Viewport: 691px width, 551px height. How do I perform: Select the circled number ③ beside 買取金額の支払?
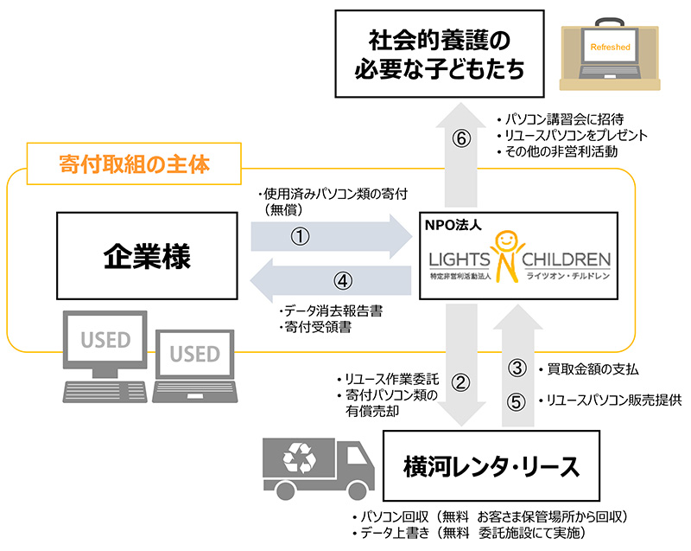point(517,368)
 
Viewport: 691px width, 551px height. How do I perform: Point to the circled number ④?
point(344,281)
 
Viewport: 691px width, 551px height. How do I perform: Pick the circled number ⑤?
point(517,400)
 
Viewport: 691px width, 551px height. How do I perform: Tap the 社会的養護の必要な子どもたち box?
point(441,54)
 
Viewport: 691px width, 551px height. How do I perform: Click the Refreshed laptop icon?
point(610,53)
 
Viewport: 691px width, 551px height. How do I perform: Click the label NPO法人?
point(450,223)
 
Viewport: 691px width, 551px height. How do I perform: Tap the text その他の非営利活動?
point(561,152)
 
